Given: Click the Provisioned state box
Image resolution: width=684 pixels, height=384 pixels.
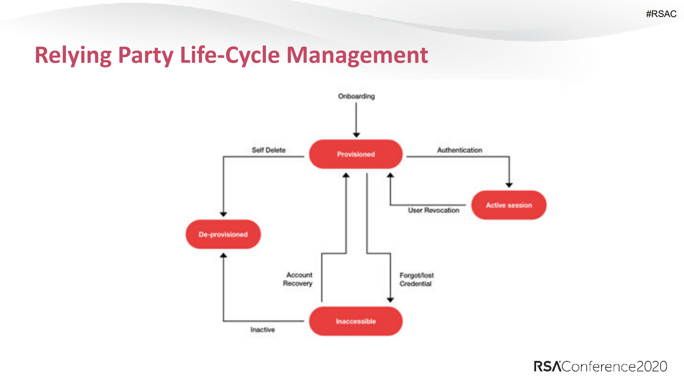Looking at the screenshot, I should click(x=356, y=154).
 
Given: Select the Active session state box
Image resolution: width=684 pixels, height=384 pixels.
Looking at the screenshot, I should click(x=509, y=205).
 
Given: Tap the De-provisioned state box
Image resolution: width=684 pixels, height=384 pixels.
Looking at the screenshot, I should click(x=223, y=234).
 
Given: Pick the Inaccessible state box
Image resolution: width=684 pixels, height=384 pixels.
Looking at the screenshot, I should click(x=356, y=321).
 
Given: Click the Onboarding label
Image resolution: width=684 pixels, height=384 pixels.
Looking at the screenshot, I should click(x=356, y=96).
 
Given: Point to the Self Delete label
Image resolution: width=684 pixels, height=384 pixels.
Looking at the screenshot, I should click(x=268, y=150).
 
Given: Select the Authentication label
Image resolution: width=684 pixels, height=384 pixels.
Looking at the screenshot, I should click(x=459, y=150).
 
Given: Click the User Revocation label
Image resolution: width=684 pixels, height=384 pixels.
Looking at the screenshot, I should click(x=433, y=210).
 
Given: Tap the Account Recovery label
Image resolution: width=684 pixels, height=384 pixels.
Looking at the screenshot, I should click(x=298, y=279).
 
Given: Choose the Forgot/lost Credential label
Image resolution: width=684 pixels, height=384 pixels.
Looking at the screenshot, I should click(x=416, y=279).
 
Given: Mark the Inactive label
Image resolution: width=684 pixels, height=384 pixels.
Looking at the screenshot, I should click(x=262, y=330).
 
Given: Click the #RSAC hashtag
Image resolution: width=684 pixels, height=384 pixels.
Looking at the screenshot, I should click(x=661, y=14).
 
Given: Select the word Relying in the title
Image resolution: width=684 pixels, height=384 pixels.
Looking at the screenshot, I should click(x=73, y=55).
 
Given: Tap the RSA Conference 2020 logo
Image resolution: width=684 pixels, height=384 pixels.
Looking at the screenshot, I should click(x=600, y=366).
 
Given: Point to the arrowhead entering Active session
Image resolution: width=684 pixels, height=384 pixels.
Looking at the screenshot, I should click(x=509, y=185).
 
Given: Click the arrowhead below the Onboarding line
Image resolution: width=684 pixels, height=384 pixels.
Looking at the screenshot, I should click(x=356, y=135).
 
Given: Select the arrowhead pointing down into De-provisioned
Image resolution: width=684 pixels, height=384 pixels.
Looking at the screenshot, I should click(x=223, y=214).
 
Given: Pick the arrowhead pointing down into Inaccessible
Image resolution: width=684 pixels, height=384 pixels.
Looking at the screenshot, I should click(x=390, y=300).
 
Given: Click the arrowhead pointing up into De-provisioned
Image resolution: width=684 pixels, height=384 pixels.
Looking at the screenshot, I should click(x=223, y=255).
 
